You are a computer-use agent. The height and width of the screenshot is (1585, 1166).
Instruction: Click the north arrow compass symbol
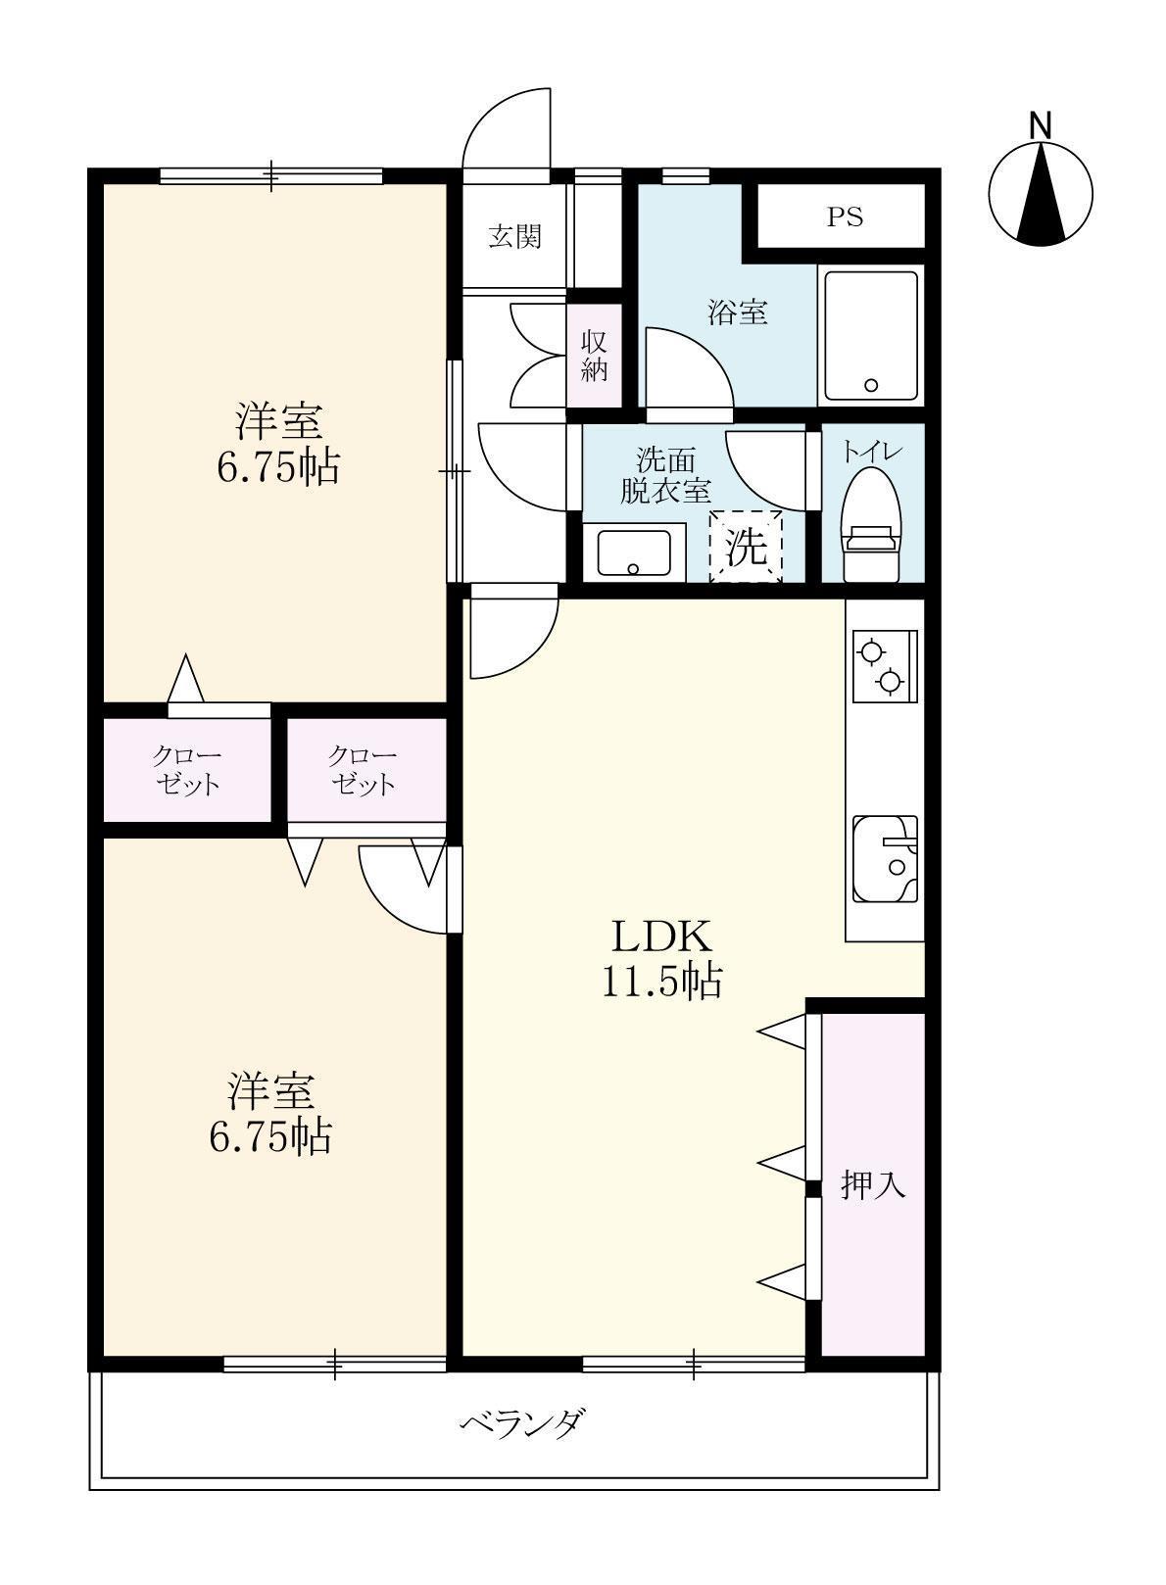point(1040,193)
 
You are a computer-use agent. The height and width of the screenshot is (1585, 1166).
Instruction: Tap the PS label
point(845,216)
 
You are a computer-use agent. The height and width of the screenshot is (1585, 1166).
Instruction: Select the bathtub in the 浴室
point(871,335)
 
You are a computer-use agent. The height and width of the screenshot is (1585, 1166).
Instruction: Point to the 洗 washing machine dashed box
point(747,548)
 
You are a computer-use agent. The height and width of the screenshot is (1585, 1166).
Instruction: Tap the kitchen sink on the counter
point(885,858)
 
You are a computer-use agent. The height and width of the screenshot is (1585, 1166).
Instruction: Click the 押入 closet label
point(872,1185)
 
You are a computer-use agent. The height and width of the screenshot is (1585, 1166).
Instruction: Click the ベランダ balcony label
point(525,1420)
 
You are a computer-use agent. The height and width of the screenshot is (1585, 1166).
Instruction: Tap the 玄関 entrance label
point(515,236)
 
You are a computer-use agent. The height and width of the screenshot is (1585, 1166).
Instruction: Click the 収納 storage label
point(595,356)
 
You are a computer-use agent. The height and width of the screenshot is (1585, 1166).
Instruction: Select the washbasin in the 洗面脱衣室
point(633,552)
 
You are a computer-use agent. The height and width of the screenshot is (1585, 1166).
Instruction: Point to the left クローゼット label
point(186,770)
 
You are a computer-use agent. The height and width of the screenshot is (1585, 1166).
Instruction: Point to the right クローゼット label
point(363,769)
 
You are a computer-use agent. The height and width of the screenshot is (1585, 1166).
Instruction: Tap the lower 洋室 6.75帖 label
point(271,1112)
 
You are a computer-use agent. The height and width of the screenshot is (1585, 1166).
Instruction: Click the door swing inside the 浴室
point(686,370)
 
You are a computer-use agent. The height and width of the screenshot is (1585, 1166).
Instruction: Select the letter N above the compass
point(1040,125)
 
